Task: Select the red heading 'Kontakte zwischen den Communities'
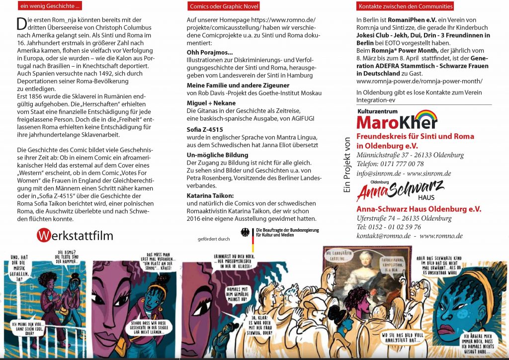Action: pyautogui.click(x=405, y=6)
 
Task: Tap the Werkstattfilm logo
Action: pyautogui.click(x=75, y=235)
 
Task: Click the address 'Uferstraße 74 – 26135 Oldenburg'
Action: pyautogui.click(x=404, y=218)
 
